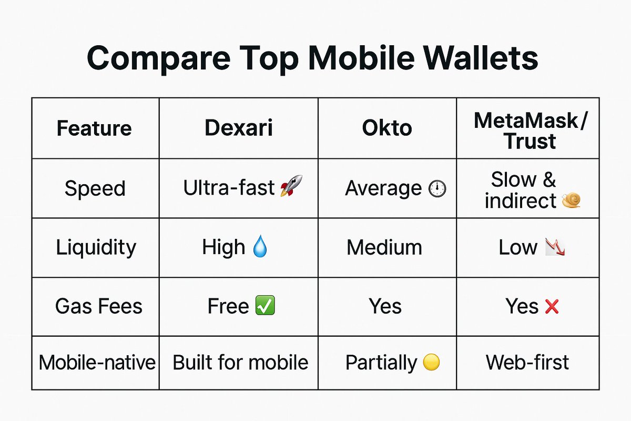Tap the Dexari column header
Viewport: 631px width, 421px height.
[x=239, y=128]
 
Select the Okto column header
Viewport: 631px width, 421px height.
[x=386, y=128]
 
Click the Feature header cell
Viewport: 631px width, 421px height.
[x=94, y=128]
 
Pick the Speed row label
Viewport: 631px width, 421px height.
[x=95, y=188]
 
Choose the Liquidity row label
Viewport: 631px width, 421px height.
[x=96, y=247]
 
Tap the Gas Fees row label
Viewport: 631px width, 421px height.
[x=98, y=306]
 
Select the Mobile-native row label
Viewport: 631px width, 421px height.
[x=97, y=363]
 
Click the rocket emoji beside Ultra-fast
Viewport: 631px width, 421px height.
[x=291, y=187]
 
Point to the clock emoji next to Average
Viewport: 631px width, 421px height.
[x=437, y=189]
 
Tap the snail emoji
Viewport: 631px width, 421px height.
[x=571, y=201]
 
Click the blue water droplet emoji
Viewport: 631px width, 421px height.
[x=260, y=247]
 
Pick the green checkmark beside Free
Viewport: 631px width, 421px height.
[x=264, y=306]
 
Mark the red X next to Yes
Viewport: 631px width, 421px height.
[x=552, y=306]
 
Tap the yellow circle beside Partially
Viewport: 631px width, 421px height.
[x=431, y=363]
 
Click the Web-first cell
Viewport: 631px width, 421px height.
[x=527, y=363]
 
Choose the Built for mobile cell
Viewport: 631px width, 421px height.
[x=240, y=363]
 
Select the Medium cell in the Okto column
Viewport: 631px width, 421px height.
[x=384, y=247]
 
